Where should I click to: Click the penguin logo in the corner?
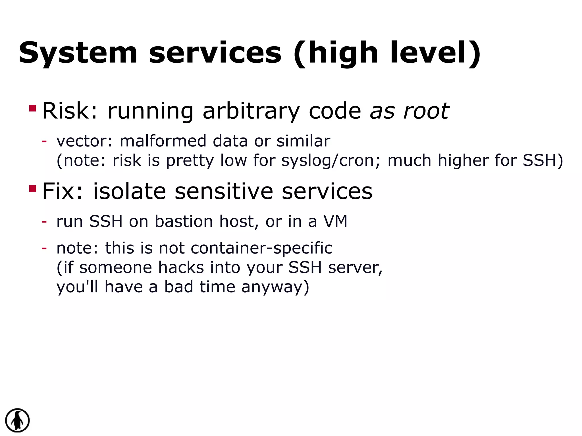click(x=17, y=420)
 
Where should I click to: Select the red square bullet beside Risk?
click(x=32, y=108)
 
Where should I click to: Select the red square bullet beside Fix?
click(x=32, y=189)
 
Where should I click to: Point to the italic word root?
click(x=426, y=111)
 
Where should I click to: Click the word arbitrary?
click(x=251, y=111)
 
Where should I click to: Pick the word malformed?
click(x=163, y=141)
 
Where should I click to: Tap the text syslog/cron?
click(x=331, y=161)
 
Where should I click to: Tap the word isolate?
click(x=129, y=191)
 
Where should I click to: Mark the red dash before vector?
click(x=44, y=141)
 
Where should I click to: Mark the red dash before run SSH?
click(x=44, y=221)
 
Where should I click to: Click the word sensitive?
click(x=224, y=191)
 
